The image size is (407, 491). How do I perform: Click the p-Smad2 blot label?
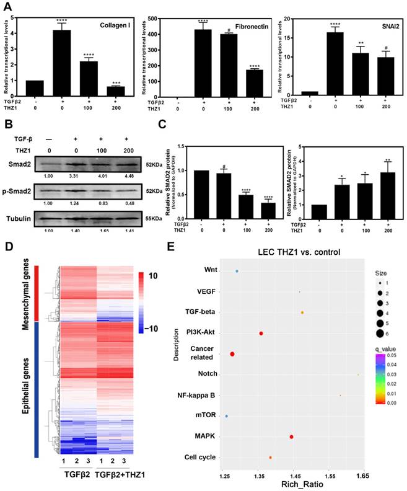[x=24, y=187]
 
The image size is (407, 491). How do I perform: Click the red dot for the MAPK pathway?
[x=291, y=437]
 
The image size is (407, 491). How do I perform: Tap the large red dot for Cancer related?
[x=232, y=354]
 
